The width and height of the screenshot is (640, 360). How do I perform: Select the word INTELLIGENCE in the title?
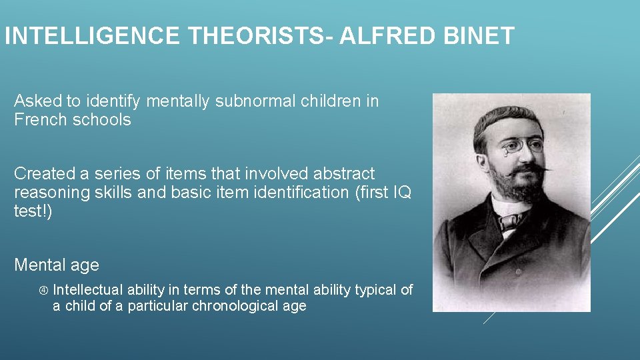pyautogui.click(x=92, y=35)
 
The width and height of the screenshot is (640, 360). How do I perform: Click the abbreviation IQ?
pyautogui.click(x=403, y=193)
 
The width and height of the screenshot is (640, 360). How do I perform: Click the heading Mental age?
pyautogui.click(x=57, y=265)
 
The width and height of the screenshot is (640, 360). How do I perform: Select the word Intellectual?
pyautogui.click(x=88, y=290)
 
